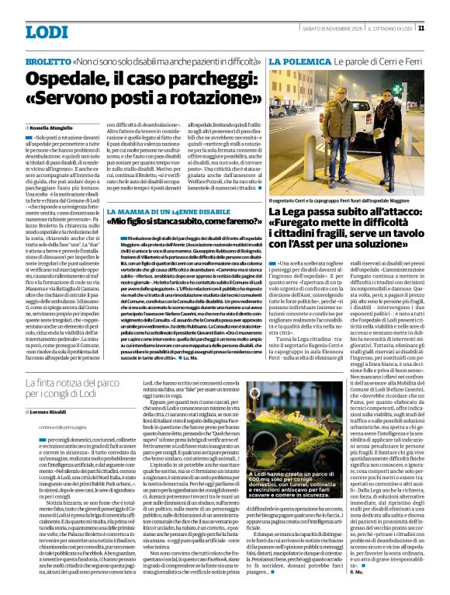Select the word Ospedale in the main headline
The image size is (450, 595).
point(72,79)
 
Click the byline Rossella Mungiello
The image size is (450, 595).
point(51,127)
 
